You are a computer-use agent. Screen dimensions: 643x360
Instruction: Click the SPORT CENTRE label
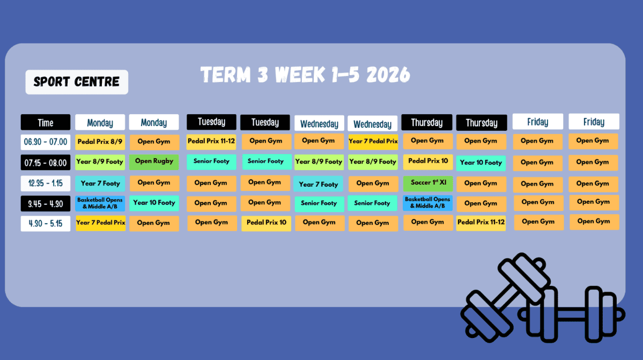click(x=77, y=82)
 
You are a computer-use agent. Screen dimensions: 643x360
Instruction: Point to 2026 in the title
click(x=388, y=75)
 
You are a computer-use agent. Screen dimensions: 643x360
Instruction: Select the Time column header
click(x=46, y=123)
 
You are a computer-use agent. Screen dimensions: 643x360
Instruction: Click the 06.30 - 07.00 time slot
click(x=46, y=142)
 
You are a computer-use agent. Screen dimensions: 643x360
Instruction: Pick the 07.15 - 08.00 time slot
click(x=46, y=163)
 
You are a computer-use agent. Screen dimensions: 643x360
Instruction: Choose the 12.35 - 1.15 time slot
click(x=46, y=183)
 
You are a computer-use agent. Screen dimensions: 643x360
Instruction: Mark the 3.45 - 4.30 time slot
click(x=46, y=204)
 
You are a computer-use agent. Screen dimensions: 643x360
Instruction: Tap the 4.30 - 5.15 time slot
click(x=46, y=224)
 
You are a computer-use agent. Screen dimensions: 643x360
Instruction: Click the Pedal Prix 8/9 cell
click(x=100, y=142)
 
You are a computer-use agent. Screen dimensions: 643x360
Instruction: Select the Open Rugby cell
click(x=154, y=161)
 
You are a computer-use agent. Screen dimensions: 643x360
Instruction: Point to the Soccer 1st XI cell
click(x=428, y=183)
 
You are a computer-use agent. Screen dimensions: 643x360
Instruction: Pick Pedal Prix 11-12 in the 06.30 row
click(x=211, y=142)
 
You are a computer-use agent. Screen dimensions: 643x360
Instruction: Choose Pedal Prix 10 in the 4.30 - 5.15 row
click(x=266, y=223)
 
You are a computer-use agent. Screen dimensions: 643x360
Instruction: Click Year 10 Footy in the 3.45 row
click(x=154, y=203)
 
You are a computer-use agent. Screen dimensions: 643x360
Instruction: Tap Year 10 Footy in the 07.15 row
click(x=481, y=163)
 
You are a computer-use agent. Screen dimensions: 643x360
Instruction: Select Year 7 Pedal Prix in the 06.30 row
click(x=373, y=142)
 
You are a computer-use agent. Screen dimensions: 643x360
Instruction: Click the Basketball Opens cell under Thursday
click(x=428, y=203)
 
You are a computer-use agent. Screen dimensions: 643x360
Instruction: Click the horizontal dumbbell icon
click(x=572, y=314)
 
